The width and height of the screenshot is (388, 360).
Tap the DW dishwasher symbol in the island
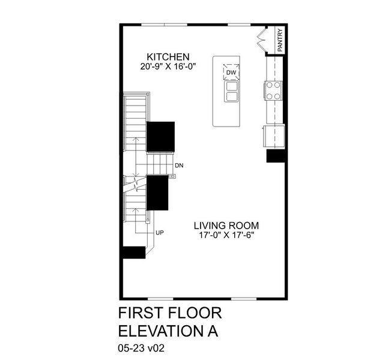click(231, 73)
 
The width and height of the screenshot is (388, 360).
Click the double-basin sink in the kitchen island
click(231, 92)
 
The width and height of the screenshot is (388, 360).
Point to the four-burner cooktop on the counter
click(273, 91)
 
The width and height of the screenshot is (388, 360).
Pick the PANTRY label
click(280, 40)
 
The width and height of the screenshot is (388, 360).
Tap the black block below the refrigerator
click(275, 155)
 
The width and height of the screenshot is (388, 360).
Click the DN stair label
click(178, 165)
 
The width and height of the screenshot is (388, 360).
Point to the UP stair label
click(160, 232)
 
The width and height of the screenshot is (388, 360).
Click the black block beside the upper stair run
click(161, 136)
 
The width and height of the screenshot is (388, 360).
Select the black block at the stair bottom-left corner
click(133, 252)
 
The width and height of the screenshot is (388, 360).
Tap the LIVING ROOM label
click(231, 226)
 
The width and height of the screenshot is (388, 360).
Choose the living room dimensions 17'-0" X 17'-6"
click(231, 235)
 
